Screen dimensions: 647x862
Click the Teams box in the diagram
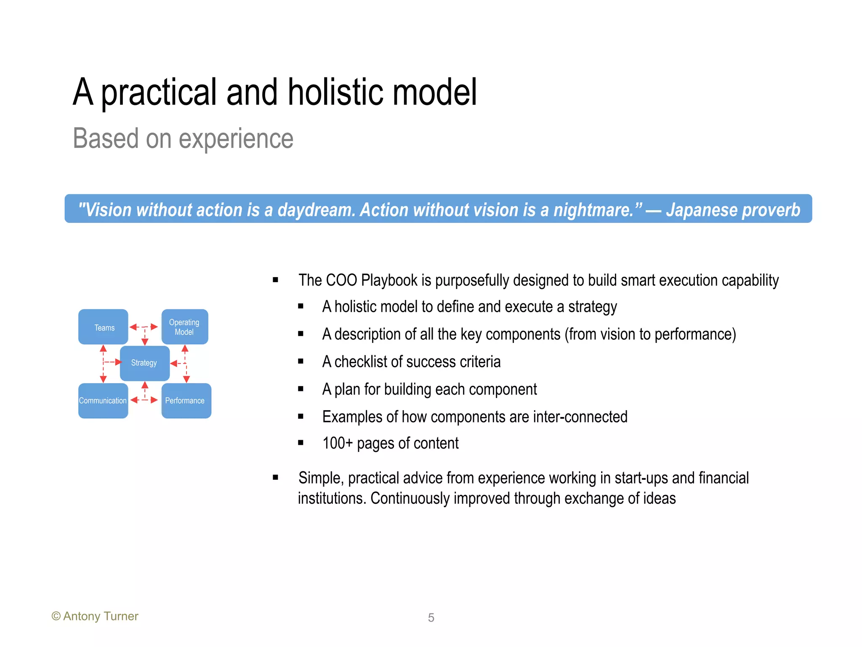103,327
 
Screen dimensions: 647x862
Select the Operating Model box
185,327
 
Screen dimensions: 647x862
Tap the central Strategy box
144,363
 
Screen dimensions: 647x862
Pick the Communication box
103,401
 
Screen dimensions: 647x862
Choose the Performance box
186,401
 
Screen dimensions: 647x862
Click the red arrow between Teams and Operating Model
144,327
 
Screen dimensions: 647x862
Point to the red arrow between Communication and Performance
144,400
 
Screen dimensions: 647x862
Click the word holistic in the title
335,92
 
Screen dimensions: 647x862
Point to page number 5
431,618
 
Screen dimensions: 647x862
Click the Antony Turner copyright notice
95,616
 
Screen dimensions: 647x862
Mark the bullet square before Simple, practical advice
276,477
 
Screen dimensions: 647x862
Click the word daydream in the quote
316,210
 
